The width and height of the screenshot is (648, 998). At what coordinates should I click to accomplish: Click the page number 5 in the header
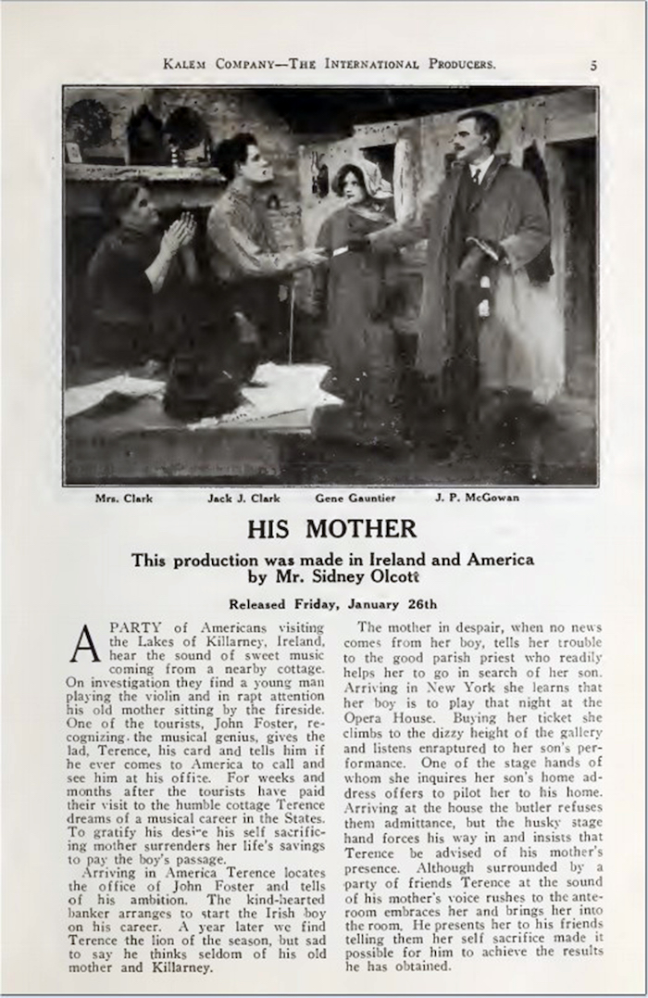(592, 65)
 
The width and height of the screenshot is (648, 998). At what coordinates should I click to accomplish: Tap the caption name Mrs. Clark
(124, 498)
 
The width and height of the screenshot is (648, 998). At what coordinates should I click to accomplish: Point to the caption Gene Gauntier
(355, 498)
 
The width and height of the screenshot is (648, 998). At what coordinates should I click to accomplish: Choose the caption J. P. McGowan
(477, 498)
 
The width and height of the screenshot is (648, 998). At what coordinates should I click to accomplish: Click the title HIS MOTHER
(332, 529)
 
